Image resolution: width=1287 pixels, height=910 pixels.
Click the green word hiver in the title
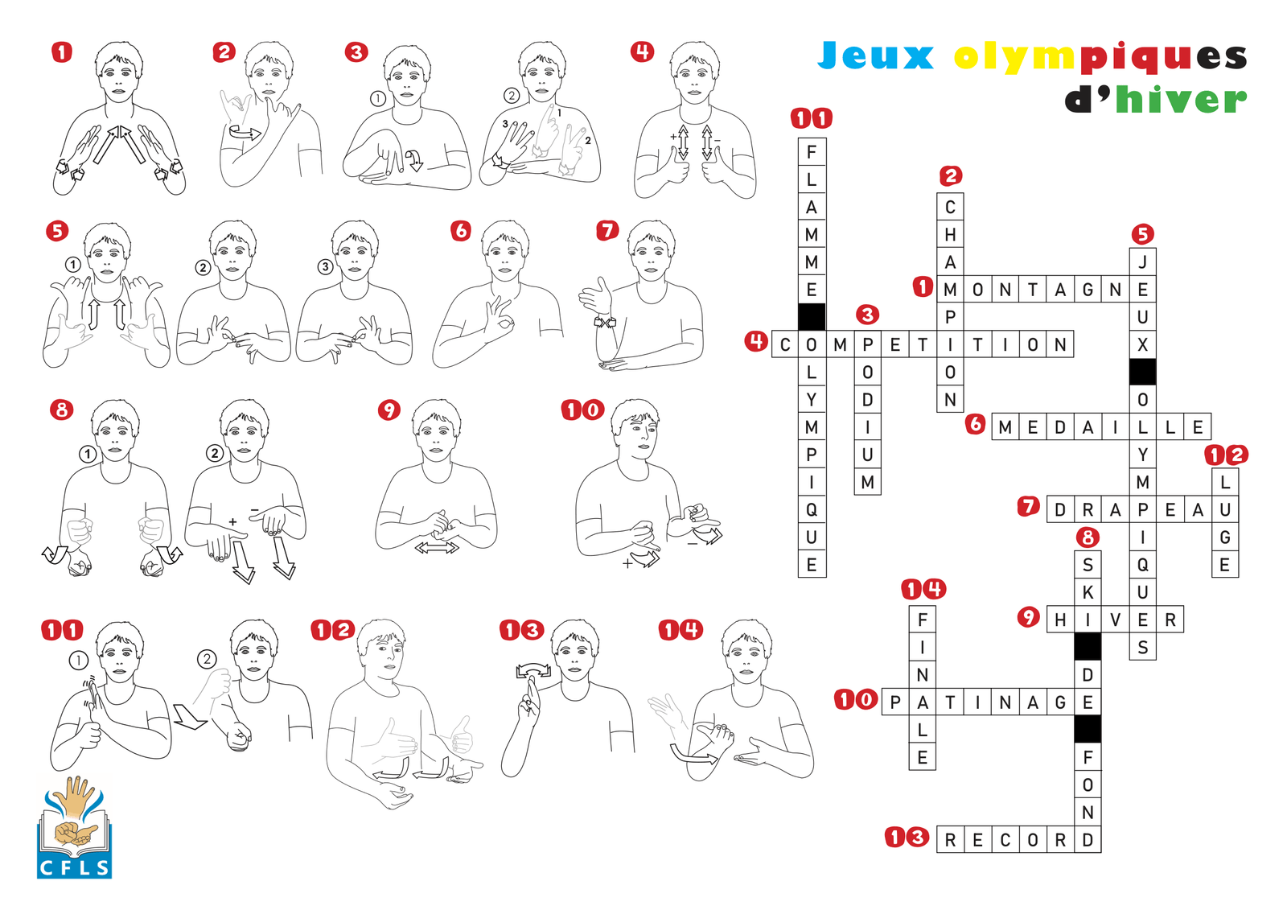1182,100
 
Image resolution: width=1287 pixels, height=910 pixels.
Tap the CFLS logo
75,828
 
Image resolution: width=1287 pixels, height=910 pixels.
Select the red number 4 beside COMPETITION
756,342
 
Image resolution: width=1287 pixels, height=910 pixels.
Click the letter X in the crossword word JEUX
1143,345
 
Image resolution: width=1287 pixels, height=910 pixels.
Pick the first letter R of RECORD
950,841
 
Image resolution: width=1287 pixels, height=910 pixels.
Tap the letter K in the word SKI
1088,593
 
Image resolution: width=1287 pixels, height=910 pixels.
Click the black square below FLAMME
812,317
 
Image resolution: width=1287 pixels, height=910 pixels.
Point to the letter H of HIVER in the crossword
1061,620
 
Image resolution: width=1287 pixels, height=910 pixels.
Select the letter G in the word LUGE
1225,537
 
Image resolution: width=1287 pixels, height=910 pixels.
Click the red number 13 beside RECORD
907,837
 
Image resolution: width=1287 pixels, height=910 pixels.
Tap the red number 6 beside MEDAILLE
976,425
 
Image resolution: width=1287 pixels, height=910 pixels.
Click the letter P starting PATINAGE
895,702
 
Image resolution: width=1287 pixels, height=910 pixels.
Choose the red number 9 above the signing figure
389,410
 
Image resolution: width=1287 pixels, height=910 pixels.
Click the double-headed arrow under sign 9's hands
437,548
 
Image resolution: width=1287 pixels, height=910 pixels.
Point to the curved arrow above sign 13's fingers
533,669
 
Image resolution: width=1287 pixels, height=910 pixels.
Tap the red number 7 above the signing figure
607,231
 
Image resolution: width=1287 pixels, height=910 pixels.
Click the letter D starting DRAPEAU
1061,510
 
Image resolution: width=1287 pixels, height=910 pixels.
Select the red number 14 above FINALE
923,589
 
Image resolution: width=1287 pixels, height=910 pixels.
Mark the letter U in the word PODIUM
868,455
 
